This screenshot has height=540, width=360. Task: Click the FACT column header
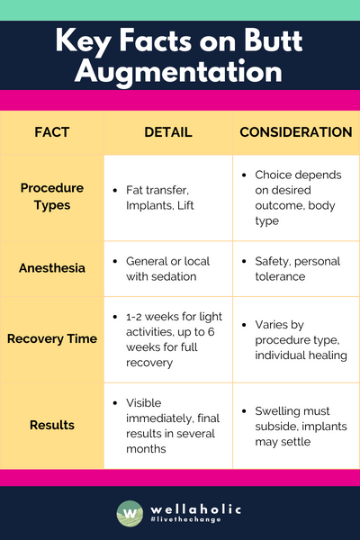[51, 132]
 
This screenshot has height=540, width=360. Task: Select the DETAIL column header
[168, 132]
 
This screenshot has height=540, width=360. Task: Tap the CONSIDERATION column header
[296, 132]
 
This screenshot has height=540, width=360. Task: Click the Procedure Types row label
[51, 196]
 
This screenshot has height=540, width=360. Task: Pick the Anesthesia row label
[51, 268]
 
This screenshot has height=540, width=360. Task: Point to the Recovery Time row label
[51, 339]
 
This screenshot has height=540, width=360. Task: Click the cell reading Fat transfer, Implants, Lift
[168, 197]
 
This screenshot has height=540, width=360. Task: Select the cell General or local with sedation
[168, 268]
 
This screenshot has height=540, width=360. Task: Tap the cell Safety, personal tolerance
[296, 268]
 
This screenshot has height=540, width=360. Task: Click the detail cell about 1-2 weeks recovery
[168, 339]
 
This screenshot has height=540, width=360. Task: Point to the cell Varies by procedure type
[296, 339]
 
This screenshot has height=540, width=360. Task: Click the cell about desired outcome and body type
[296, 197]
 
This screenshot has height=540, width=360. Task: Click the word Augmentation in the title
[180, 70]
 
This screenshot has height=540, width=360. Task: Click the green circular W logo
[129, 513]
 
